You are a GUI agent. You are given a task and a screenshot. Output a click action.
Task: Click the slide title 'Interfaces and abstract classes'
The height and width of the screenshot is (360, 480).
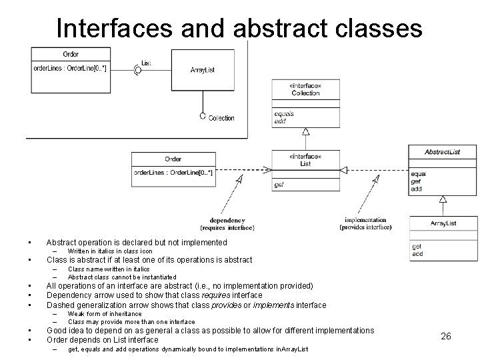pos(239,27)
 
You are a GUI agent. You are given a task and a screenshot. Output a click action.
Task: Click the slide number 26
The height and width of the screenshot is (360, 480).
pos(446,336)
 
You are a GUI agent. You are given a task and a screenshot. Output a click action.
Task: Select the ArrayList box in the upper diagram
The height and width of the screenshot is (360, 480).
pos(202,69)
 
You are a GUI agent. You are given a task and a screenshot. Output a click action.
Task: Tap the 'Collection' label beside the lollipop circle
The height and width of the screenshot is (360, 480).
pos(221,118)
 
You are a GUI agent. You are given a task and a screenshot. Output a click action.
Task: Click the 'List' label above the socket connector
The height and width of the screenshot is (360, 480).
pos(146,63)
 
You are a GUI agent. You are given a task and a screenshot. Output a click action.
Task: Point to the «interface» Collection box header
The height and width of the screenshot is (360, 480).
pos(305,89)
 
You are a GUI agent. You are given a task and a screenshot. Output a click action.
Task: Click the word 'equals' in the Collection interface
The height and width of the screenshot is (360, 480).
pos(283,114)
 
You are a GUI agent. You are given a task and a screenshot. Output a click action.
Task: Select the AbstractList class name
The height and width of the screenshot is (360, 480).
pos(442,152)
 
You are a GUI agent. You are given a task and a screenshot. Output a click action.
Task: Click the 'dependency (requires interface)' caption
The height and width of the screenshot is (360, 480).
pos(227,224)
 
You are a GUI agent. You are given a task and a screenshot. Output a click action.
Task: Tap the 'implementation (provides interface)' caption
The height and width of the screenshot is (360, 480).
pos(365,223)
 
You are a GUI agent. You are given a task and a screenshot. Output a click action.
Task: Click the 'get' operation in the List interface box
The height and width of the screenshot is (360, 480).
pos(279,185)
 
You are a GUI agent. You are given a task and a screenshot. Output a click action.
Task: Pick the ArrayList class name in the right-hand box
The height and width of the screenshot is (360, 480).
pos(443,223)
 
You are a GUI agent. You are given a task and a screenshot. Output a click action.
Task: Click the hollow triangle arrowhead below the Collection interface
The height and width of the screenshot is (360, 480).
pos(305,131)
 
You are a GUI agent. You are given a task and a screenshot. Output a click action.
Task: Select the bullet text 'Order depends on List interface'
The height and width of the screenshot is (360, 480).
pos(102,339)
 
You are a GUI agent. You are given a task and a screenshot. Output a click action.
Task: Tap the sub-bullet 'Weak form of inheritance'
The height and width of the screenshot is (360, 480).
pos(105,313)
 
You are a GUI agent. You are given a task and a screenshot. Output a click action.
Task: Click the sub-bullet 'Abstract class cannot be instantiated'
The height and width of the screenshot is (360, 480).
pos(122,277)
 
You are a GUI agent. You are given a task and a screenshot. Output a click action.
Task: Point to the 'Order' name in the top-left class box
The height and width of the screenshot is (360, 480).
pos(71,53)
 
